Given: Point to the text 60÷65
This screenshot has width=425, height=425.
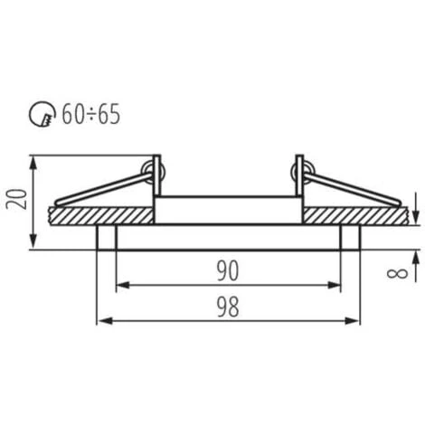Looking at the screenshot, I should pos(91,113).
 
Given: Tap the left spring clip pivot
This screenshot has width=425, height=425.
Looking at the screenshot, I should pos(155,169).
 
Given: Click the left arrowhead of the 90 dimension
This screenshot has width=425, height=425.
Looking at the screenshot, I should pos(121,286).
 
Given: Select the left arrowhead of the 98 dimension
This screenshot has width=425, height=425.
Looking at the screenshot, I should pos(101,321).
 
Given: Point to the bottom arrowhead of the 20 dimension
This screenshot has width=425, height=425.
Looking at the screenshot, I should pos(34,243).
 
